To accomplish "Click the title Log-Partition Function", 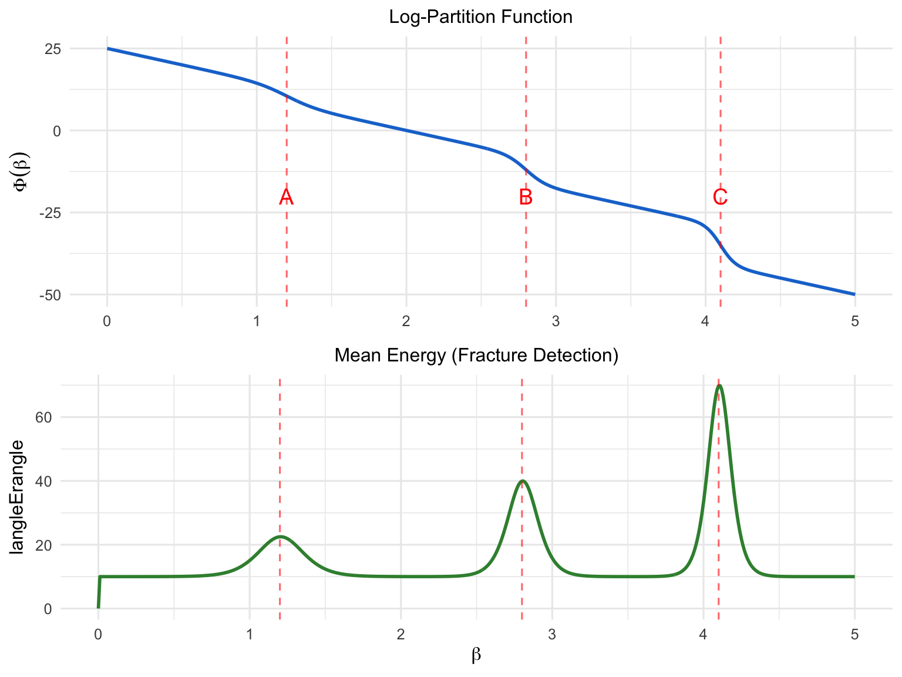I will tap(480, 17).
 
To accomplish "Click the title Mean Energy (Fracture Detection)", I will tap(476, 356).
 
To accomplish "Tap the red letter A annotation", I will tap(286, 197).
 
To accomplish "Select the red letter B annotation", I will tap(526, 197).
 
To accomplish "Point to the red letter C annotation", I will tap(720, 197).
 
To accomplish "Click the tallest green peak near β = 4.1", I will tap(719, 386).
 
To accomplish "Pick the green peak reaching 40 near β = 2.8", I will tap(522, 481).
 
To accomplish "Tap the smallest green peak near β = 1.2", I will tap(280, 537).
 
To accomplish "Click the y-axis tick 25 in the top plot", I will tap(53, 49).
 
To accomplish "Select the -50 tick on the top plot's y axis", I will tap(50, 295).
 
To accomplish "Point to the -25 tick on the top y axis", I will tap(50, 213).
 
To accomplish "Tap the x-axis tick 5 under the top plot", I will tap(854, 321).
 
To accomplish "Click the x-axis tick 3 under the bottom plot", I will tap(552, 635).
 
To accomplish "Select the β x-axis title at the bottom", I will tap(476, 655).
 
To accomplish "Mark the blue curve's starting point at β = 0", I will tap(107, 49).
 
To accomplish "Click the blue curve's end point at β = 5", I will tap(854, 294).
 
